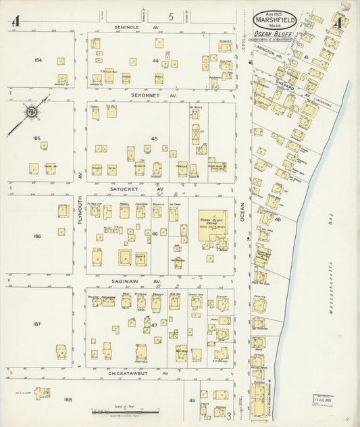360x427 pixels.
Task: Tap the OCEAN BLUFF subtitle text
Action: (x=270, y=32)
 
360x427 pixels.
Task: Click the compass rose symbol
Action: (x=31, y=111)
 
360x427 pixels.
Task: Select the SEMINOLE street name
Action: (x=127, y=27)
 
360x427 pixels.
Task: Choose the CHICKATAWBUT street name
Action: (x=128, y=372)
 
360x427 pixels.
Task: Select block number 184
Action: (x=38, y=60)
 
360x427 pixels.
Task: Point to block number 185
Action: (x=37, y=138)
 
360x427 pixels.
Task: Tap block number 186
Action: (x=37, y=236)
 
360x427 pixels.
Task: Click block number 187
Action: (x=37, y=324)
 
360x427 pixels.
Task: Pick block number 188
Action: (x=68, y=400)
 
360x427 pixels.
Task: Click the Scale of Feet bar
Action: (x=126, y=411)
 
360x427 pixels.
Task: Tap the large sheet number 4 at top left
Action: (x=15, y=22)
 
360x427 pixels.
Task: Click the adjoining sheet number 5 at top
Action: (x=172, y=16)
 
